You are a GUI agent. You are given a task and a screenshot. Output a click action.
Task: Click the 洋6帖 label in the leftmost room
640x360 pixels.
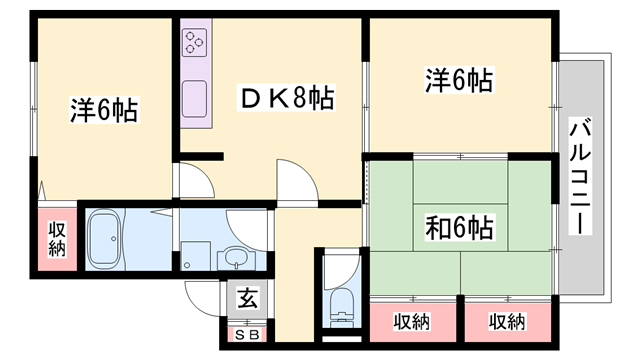(x=104, y=108)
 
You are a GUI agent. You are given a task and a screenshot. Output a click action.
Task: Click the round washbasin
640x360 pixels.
(x=234, y=258)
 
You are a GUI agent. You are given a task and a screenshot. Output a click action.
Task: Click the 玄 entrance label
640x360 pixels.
(x=245, y=298)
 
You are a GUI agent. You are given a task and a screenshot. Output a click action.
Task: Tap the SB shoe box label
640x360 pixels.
(x=245, y=335)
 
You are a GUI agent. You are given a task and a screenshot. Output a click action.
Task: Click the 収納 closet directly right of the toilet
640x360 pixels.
(x=411, y=321)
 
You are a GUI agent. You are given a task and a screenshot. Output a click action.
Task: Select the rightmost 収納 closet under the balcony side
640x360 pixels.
(x=508, y=321)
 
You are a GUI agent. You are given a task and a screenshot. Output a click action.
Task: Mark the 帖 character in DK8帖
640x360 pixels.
(x=320, y=99)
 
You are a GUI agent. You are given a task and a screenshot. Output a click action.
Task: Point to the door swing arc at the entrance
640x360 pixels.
(x=200, y=290)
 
